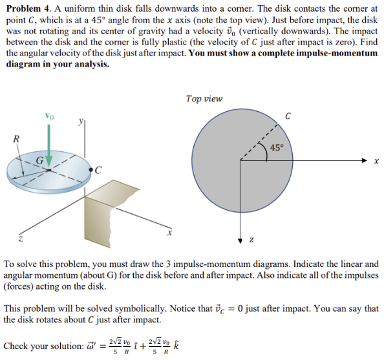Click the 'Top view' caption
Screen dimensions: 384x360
[204, 99]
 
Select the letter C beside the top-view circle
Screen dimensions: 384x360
[287, 116]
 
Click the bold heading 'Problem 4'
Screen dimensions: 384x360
[25, 10]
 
